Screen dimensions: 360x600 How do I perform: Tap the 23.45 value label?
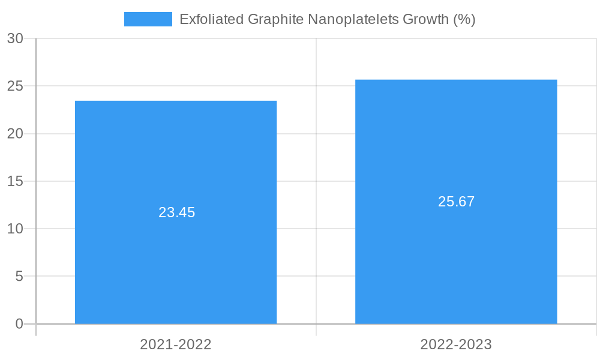(177, 212)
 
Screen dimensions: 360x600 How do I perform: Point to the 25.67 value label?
(457, 202)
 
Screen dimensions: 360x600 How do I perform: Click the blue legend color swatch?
(148, 19)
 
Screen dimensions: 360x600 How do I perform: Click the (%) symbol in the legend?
(464, 19)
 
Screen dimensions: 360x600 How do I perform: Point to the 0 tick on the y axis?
(19, 324)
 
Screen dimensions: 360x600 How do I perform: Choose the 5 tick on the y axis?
(19, 277)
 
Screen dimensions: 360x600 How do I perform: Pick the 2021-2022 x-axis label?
(176, 344)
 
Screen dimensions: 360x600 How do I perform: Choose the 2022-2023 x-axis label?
(456, 344)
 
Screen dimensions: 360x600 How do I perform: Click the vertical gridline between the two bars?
(316, 180)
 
